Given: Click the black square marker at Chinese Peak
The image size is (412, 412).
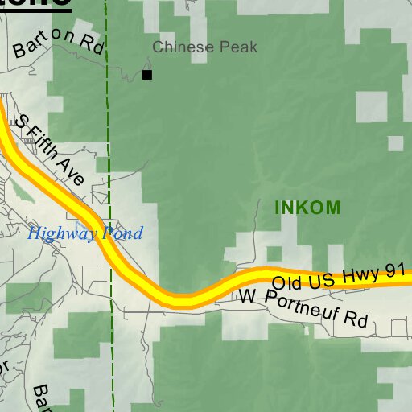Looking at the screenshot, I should coord(147,75).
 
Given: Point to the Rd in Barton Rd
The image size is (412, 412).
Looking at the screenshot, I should coord(94,46).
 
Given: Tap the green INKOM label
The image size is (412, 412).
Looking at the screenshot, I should coord(307,208).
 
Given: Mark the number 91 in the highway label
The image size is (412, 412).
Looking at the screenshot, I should coord(393,271).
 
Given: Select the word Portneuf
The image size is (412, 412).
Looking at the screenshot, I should coord(302,307).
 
